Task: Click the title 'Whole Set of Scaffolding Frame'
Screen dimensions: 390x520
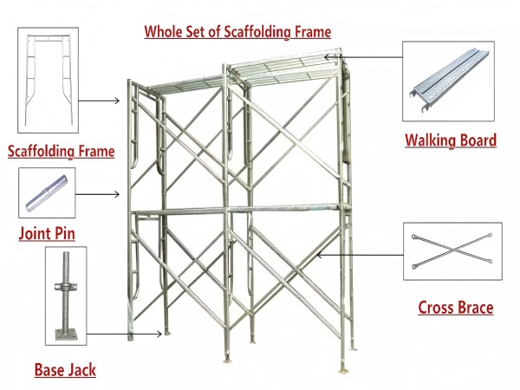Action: pyautogui.click(x=237, y=32)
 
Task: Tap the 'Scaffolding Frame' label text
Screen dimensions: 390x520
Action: pyautogui.click(x=61, y=152)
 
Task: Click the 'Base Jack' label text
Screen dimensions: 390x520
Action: pyautogui.click(x=65, y=370)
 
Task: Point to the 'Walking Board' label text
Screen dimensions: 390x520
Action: pyautogui.click(x=451, y=140)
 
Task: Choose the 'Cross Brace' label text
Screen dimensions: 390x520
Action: pyautogui.click(x=455, y=307)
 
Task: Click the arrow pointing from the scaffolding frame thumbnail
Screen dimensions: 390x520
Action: pyautogui.click(x=102, y=101)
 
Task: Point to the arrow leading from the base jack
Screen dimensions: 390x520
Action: pyautogui.click(x=126, y=333)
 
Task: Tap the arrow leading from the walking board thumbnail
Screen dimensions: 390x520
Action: pyautogui.click(x=364, y=57)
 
